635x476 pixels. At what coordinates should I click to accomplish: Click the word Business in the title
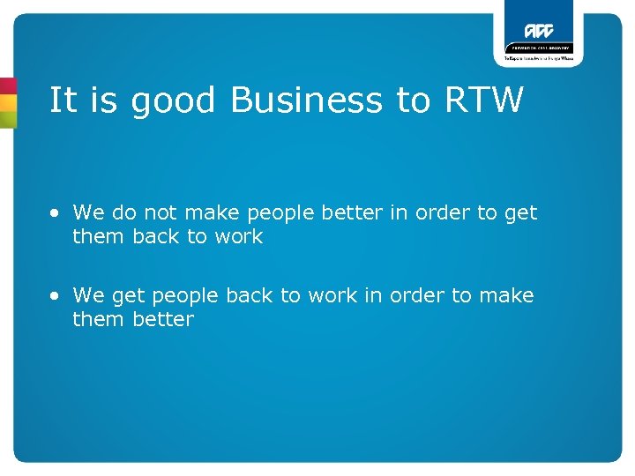click(306, 100)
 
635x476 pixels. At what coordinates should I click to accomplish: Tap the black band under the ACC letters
click(538, 48)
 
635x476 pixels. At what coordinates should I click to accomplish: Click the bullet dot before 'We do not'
click(56, 213)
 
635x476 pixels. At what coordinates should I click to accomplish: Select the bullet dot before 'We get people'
click(56, 296)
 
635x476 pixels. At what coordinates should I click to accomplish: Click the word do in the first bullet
click(122, 212)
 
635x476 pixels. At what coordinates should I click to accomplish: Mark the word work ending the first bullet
click(240, 236)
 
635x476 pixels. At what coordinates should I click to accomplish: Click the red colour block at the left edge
click(7, 86)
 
